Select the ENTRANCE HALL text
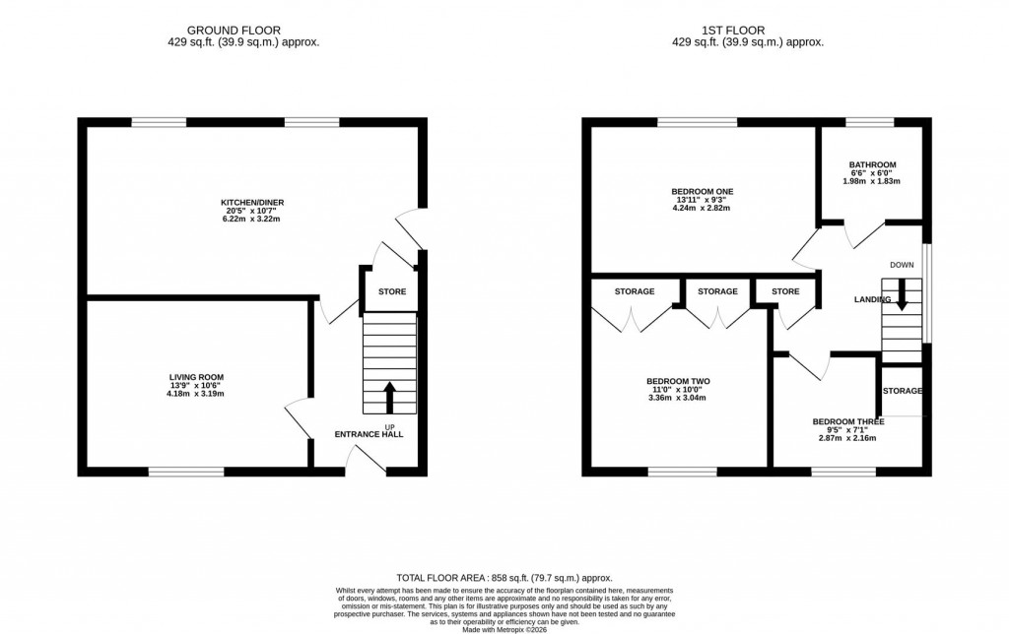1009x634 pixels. click(x=369, y=434)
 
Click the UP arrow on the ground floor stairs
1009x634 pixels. click(x=389, y=397)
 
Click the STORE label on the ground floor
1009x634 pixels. click(x=391, y=291)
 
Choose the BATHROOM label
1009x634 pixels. click(x=872, y=164)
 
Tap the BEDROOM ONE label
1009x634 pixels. click(x=702, y=192)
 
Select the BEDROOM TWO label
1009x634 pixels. click(x=678, y=381)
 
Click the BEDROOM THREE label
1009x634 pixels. click(x=847, y=421)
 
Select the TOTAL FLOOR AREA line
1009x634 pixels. click(x=504, y=578)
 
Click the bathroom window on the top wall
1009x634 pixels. click(x=869, y=122)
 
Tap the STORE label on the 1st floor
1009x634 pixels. click(x=785, y=291)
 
